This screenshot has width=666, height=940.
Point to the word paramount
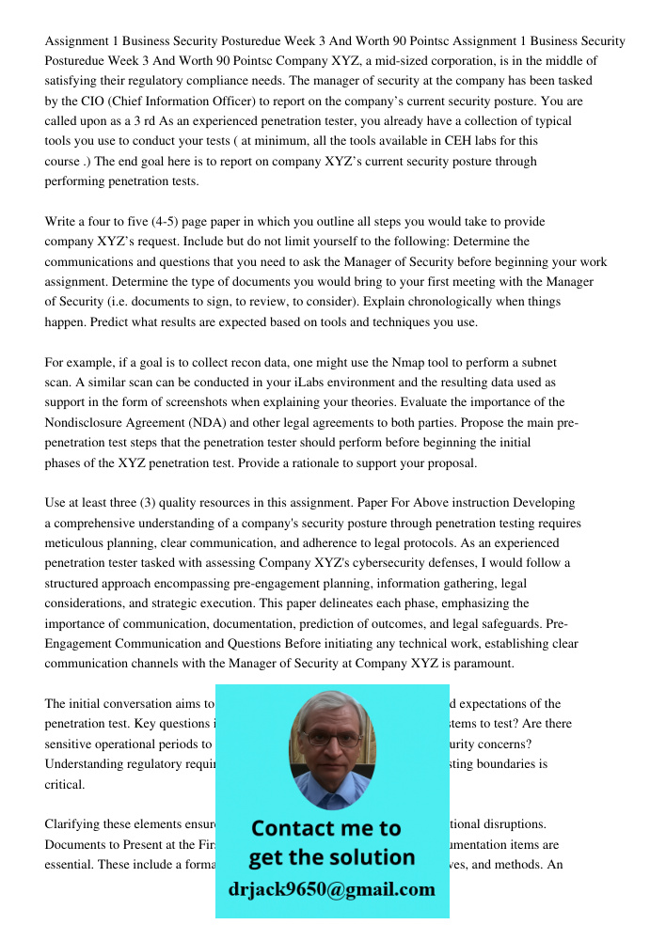click(x=484, y=664)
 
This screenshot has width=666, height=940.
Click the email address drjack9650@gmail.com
click(x=331, y=889)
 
